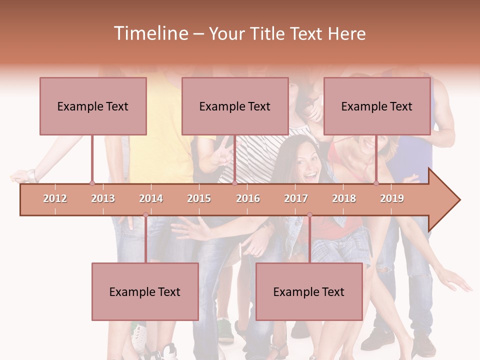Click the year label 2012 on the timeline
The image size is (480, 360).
[55, 198]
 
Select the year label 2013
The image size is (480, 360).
[103, 198]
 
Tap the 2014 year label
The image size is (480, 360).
[151, 198]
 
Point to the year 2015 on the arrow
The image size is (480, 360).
[199, 198]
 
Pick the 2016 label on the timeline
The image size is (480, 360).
[248, 198]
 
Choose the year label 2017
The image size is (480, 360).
[296, 198]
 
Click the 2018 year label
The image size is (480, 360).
[344, 198]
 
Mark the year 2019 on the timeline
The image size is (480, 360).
[392, 198]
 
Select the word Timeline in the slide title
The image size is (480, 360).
[150, 33]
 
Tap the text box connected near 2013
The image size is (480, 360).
[93, 106]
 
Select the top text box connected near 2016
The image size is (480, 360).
[235, 106]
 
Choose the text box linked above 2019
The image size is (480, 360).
[377, 106]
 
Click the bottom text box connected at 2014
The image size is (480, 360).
[145, 291]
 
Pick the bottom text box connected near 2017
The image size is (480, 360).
[309, 291]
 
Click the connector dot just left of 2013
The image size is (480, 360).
[92, 183]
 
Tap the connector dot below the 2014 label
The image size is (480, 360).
[145, 215]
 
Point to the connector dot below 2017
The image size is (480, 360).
[309, 215]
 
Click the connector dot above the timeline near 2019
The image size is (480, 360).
[376, 183]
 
